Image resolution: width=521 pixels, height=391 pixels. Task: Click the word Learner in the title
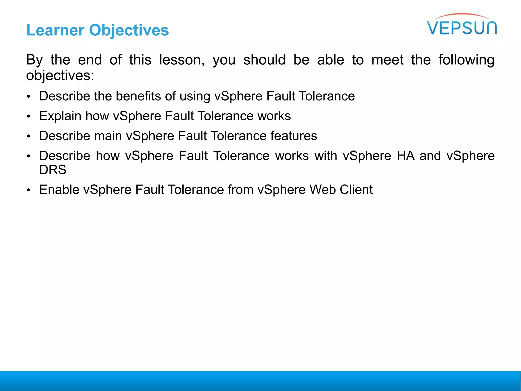55,30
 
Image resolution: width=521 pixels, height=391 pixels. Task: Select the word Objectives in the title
129,30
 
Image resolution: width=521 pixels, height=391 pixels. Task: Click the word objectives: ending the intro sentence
60,76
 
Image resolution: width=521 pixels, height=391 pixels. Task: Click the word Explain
60,116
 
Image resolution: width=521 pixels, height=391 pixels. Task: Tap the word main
108,136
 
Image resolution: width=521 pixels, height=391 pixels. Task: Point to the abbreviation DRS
53,170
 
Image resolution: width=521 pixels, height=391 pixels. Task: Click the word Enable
59,190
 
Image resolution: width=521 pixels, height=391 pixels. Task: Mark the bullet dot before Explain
29,117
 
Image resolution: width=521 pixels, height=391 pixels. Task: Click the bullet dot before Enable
29,190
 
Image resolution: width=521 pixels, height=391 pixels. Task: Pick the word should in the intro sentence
264,60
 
